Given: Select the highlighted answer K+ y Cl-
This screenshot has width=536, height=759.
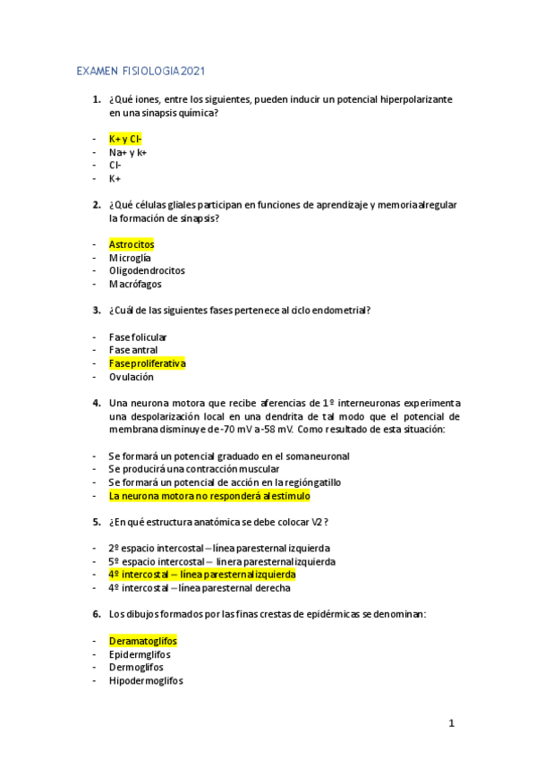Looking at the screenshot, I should point(125,139).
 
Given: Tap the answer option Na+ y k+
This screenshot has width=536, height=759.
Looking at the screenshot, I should point(128,152).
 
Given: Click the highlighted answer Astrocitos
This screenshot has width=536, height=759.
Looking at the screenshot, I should point(132,243).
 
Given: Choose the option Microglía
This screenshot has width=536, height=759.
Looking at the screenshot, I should point(130,258).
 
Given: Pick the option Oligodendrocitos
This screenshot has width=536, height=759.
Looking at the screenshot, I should point(147,270).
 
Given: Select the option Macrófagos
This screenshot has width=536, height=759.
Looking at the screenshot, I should point(135,284).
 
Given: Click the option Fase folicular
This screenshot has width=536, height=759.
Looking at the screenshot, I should point(138,337).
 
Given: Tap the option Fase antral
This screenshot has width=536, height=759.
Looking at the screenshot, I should point(132,350).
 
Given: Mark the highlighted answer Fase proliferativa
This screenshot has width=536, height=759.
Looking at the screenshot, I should point(147,363).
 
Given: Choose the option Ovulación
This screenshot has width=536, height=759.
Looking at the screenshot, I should point(132,377).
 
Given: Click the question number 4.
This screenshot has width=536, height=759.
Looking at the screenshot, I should point(96,403).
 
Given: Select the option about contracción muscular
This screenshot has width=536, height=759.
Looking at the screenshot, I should point(194,468).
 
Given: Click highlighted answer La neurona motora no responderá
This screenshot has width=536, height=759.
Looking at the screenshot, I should point(210,495).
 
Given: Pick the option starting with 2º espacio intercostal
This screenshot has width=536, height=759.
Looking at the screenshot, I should point(219,548).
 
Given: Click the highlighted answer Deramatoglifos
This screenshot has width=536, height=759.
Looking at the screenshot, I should point(142,641).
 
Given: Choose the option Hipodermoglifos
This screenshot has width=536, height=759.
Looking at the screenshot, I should point(146,680).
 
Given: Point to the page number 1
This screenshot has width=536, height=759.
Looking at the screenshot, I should point(452,722).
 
